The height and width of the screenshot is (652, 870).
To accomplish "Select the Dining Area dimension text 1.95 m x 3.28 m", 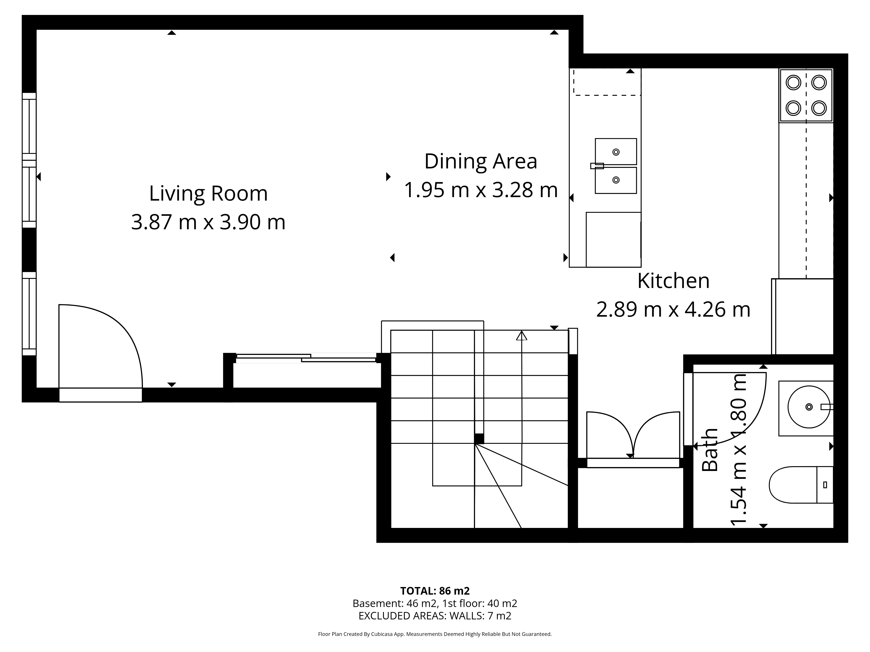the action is click(x=481, y=190).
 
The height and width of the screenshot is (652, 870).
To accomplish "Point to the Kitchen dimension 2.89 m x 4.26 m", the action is click(x=673, y=309).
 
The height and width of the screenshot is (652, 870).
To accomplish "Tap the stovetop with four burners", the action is click(x=806, y=95).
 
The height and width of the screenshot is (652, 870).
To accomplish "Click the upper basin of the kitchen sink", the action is click(x=616, y=152).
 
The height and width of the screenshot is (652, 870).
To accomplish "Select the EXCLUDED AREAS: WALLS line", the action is click(x=435, y=616).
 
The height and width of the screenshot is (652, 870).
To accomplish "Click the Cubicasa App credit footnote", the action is click(x=435, y=634).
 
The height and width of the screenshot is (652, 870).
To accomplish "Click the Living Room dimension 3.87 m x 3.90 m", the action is click(x=208, y=222).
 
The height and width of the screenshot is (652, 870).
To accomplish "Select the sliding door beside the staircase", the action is click(x=306, y=358).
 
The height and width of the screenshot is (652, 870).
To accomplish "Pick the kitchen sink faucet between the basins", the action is click(x=597, y=166).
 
